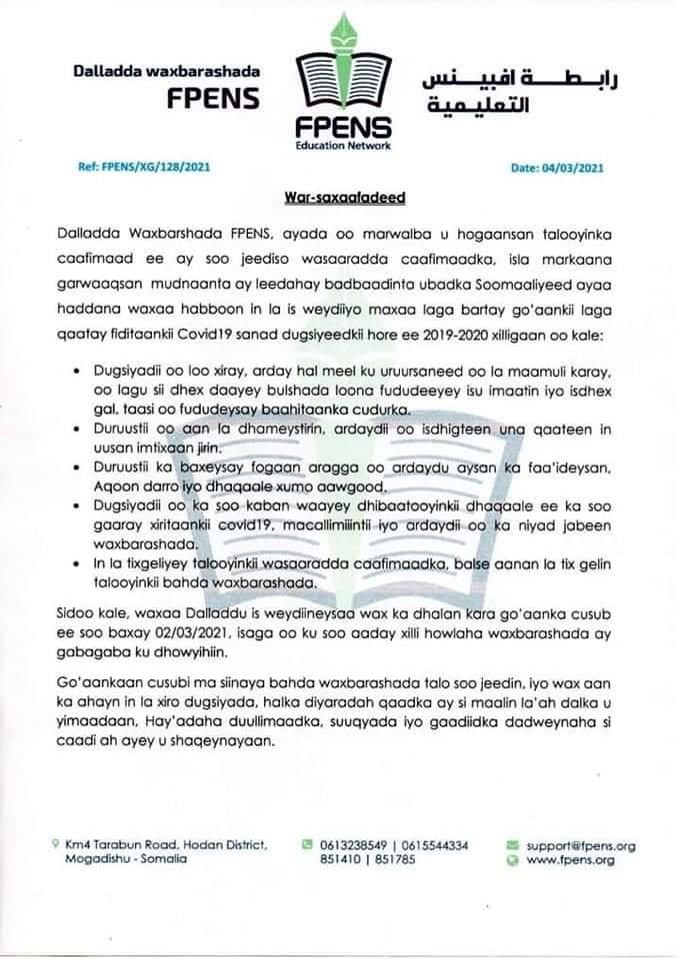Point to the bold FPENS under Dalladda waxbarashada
(x=213, y=99)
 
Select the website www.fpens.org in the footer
(x=570, y=861)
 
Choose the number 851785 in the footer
(x=395, y=861)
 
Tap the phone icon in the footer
(x=308, y=845)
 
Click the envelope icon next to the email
(x=513, y=845)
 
